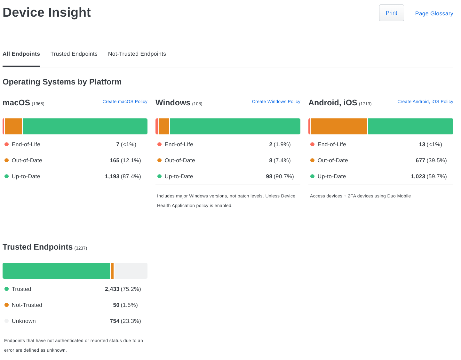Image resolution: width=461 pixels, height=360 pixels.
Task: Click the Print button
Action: coord(391,13)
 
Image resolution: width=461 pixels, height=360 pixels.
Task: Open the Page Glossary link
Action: coord(434,13)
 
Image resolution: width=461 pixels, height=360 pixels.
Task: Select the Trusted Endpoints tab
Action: coord(74,54)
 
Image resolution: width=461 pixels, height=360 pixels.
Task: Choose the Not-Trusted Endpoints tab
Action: coord(137,54)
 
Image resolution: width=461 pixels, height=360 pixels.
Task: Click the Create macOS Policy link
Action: coord(125,101)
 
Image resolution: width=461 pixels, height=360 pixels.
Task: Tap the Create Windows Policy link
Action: coord(276,101)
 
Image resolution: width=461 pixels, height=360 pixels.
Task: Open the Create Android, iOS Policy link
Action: coord(425,101)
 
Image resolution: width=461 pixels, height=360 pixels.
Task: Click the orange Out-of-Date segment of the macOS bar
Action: coord(13,126)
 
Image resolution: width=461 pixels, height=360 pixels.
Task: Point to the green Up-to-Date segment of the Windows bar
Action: coord(235,126)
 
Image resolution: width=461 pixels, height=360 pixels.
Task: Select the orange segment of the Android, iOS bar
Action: coord(339,126)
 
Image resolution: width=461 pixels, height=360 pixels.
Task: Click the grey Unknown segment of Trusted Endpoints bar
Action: coord(131,271)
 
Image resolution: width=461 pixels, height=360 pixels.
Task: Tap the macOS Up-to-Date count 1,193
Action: coord(112,176)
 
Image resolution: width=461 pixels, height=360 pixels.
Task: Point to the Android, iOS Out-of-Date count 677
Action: coord(420,160)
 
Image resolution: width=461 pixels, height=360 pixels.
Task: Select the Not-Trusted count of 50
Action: coord(116,305)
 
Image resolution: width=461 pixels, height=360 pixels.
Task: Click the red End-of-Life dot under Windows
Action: coord(159,144)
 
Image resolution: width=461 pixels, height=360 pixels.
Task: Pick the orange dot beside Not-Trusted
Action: coord(6,305)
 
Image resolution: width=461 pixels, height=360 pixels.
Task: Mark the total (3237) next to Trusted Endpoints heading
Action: coord(81,248)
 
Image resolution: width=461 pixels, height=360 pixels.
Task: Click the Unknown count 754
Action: coord(115,321)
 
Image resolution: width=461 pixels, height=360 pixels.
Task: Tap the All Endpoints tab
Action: coord(21,54)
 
